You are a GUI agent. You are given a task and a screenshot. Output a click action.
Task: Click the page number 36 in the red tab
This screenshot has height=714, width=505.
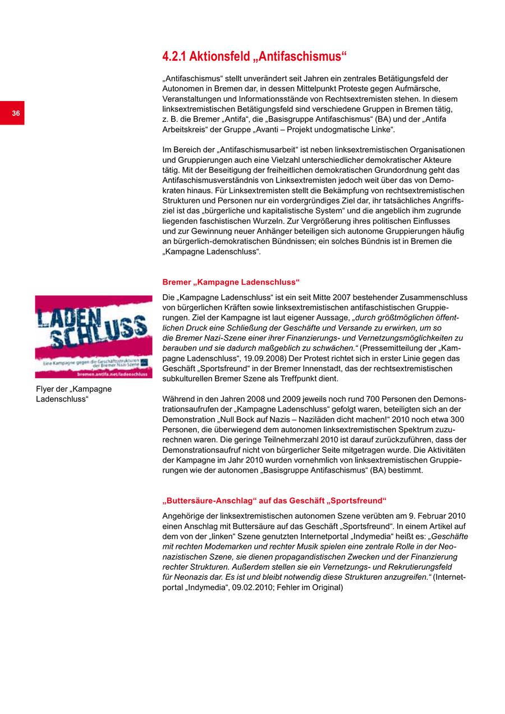click(16, 113)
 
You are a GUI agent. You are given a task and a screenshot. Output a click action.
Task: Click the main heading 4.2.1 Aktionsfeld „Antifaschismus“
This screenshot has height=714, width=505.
click(255, 57)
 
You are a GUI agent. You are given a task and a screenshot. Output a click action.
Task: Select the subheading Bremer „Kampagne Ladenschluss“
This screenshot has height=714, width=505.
click(231, 282)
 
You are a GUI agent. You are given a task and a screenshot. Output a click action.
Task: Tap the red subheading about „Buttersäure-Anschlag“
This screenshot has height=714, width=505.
click(274, 500)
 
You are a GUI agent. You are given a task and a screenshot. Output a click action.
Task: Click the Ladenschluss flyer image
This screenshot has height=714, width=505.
click(94, 336)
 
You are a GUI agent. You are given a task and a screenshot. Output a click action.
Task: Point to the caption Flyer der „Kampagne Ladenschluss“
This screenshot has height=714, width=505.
click(74, 394)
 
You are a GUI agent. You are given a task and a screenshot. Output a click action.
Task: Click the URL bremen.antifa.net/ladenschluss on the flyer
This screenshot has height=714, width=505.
click(112, 373)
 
